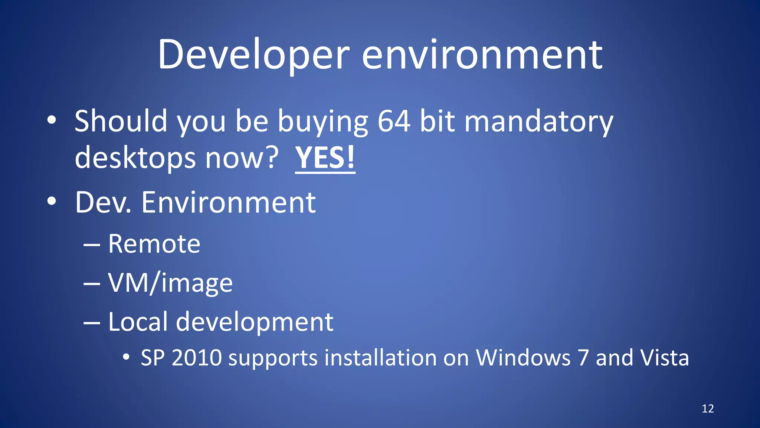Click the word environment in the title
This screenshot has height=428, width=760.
coord(482,55)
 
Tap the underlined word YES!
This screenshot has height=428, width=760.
coord(325,158)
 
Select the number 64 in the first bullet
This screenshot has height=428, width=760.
coord(394,121)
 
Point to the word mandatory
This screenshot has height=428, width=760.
coord(538,121)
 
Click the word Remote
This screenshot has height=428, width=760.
coord(154,244)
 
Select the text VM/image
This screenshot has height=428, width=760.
coord(170,283)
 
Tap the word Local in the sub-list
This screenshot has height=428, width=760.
coord(138,321)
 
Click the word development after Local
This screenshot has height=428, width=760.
coord(255,322)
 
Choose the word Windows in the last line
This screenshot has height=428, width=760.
coord(523,358)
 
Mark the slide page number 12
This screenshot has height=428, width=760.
coord(708,409)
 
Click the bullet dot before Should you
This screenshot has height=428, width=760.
coord(52,120)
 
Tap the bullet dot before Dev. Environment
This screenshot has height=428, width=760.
coord(52,201)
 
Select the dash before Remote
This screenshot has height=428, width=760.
coord(92,245)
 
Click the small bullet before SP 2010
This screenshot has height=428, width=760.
coord(126,357)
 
